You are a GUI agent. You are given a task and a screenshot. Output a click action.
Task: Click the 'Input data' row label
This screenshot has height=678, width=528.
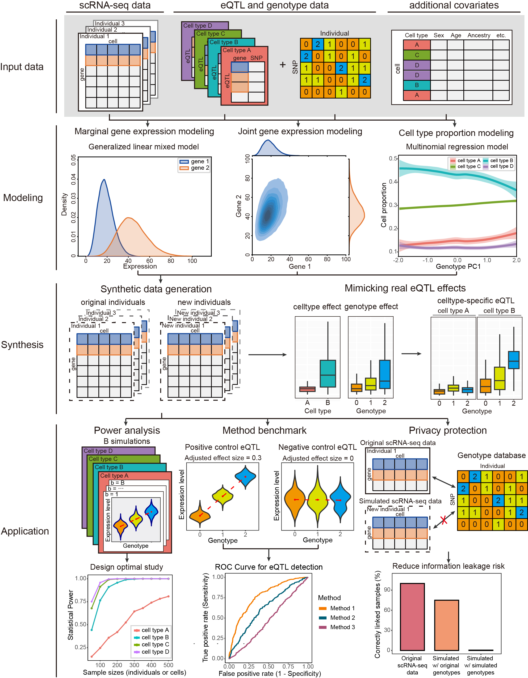coord(22,67)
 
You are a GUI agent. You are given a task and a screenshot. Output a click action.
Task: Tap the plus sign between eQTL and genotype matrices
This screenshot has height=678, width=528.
coord(282,65)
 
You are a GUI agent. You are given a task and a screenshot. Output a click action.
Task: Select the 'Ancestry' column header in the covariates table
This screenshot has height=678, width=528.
coord(479,35)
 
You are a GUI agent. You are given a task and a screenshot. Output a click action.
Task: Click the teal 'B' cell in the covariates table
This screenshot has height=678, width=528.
coord(417,85)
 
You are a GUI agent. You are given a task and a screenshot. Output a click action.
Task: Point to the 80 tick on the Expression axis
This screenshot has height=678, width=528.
coord(171,261)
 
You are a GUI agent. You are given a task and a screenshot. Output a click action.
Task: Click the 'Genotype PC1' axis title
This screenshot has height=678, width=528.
coord(458,266)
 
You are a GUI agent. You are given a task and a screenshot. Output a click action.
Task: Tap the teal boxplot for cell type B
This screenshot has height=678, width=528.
coord(327,374)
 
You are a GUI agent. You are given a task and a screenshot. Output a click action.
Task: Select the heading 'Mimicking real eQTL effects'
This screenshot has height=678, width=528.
coord(405,288)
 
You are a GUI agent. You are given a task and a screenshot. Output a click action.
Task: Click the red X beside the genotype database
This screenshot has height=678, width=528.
coord(444,520)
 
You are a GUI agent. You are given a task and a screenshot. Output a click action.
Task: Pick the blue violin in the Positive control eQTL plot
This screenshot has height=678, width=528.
coord(245,476)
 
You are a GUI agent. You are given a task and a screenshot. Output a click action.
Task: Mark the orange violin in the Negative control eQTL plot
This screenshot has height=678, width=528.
coord(295,500)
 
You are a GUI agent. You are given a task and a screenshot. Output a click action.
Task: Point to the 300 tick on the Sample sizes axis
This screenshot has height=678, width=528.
coord(134,665)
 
